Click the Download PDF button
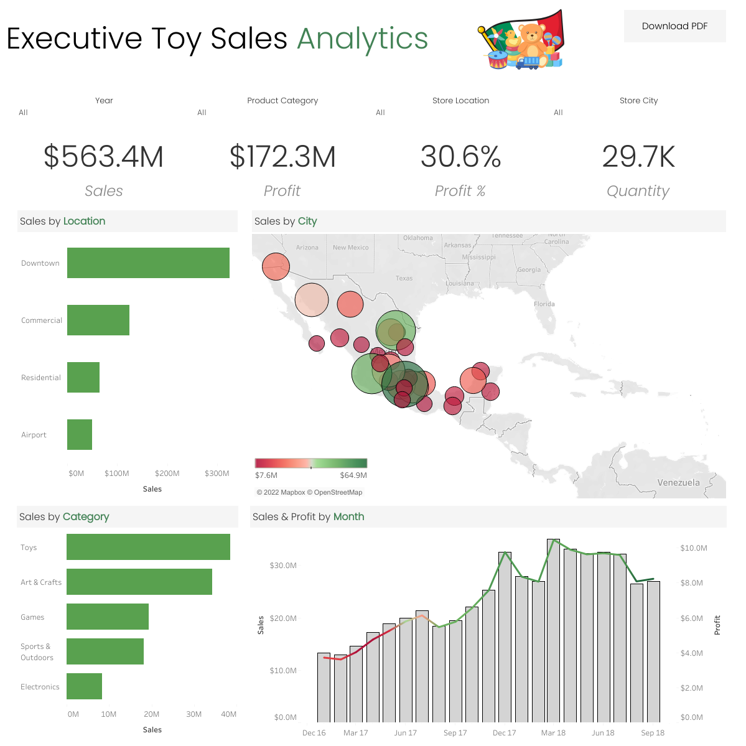[x=674, y=26]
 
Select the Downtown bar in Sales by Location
[x=148, y=263]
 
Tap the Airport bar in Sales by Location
[x=80, y=435]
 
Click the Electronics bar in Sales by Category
[x=84, y=686]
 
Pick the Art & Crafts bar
[x=139, y=582]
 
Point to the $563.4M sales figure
[x=103, y=157]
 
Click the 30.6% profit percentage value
[x=460, y=157]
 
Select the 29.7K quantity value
[x=638, y=157]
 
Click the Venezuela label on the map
[x=678, y=483]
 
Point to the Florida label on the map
[x=544, y=304]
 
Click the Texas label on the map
[x=404, y=279]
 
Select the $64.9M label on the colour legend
[x=353, y=475]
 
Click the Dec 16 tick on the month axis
[x=314, y=733]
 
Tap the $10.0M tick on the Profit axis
[x=693, y=548]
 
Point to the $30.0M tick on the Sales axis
[x=283, y=566]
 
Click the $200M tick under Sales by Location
[x=167, y=473]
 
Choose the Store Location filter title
[x=460, y=101]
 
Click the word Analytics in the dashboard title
[x=363, y=39]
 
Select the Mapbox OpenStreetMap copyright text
[x=309, y=492]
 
